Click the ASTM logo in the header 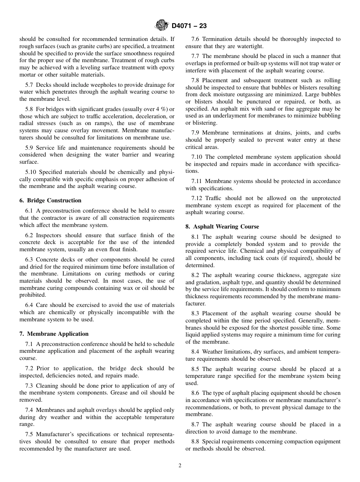(162, 26)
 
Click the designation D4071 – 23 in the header (189, 26)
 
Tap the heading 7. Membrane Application (54, 334)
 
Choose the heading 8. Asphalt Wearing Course (222, 227)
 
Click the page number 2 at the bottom (180, 466)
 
